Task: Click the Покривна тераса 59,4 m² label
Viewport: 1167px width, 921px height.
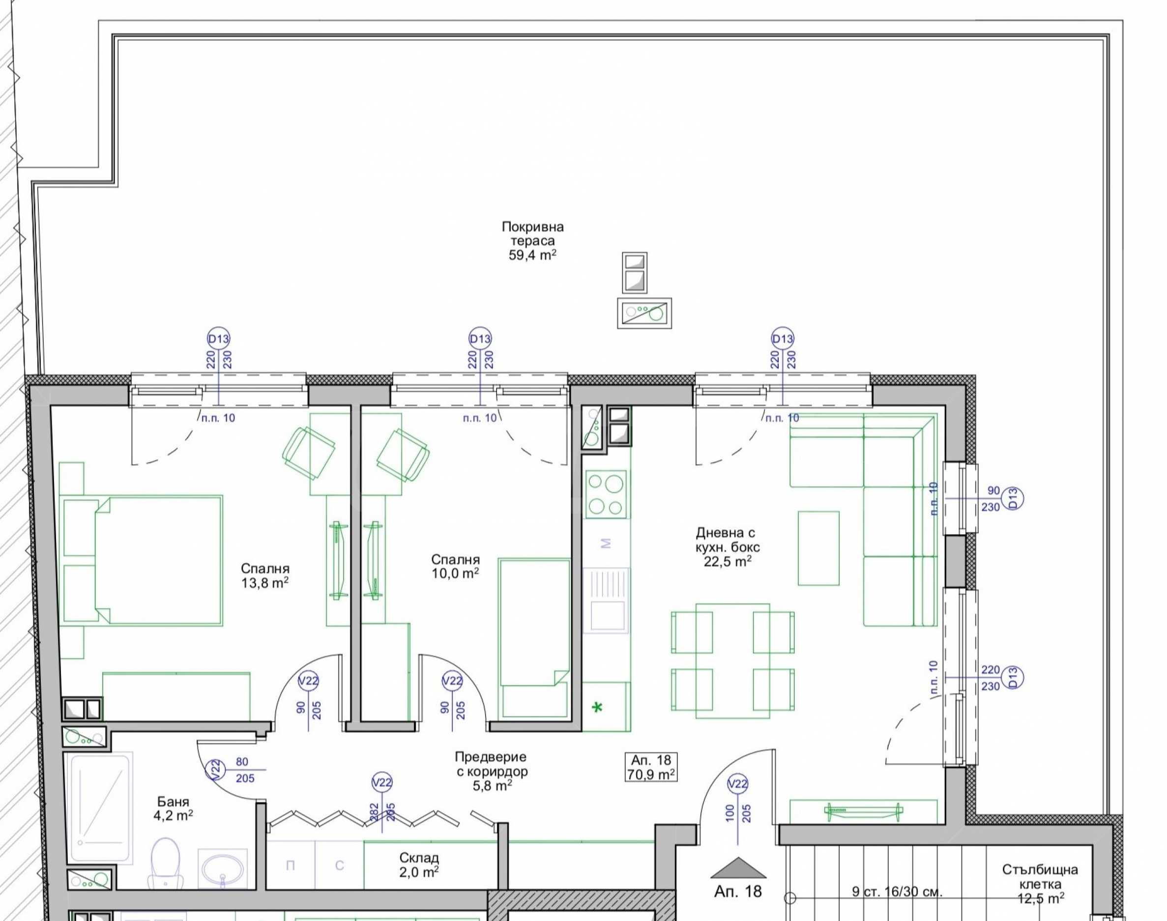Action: (x=532, y=240)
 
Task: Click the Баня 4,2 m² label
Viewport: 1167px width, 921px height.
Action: (x=173, y=808)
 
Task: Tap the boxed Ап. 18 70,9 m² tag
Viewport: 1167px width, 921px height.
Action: (x=651, y=767)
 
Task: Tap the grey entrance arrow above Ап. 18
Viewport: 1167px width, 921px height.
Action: (x=738, y=876)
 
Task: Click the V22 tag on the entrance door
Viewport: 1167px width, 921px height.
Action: (x=738, y=784)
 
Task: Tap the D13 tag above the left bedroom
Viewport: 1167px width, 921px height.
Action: (x=218, y=339)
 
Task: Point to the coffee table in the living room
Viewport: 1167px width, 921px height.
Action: (x=818, y=548)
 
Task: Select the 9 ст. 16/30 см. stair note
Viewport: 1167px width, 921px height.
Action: (x=897, y=892)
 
